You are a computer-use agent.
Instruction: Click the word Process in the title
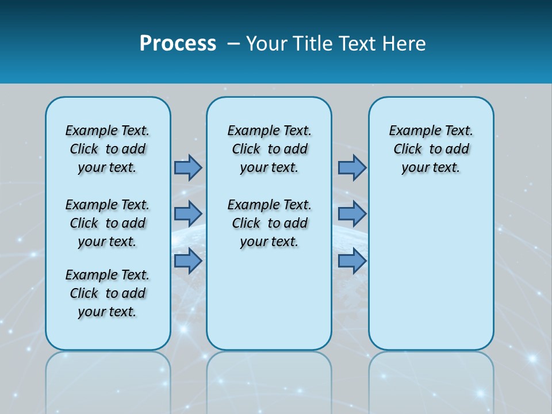(x=178, y=44)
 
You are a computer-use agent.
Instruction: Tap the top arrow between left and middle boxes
(x=188, y=167)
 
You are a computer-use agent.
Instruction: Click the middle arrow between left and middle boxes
(x=188, y=214)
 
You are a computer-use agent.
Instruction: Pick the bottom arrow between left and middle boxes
(x=188, y=261)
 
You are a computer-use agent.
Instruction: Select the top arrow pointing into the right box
(x=352, y=167)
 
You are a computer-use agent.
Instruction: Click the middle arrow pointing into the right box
(x=352, y=214)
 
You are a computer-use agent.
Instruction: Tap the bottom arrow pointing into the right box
(x=352, y=261)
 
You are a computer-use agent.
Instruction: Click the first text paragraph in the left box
(x=108, y=149)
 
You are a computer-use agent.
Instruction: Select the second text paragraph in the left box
(x=108, y=223)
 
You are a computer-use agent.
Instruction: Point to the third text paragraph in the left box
(x=108, y=293)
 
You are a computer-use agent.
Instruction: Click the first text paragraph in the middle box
(x=269, y=149)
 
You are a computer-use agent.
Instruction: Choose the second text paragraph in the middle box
(x=269, y=223)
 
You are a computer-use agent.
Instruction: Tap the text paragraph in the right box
(x=431, y=149)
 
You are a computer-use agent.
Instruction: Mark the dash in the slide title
(x=233, y=44)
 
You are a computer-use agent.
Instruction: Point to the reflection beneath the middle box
(x=269, y=379)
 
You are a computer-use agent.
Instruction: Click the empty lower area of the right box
(x=431, y=276)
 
